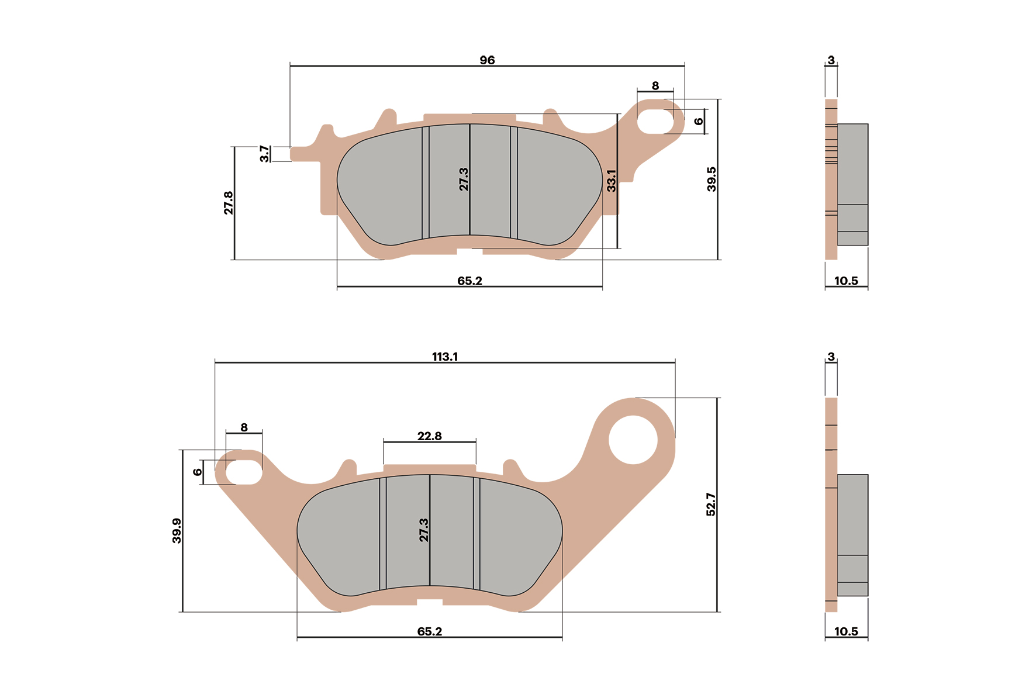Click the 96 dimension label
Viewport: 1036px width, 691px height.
[x=487, y=60]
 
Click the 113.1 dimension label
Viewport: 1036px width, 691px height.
[x=445, y=357]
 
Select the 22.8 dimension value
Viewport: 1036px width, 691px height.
[x=429, y=436]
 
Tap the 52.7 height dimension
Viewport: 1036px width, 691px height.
[x=711, y=504]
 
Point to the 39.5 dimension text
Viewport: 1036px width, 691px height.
[x=712, y=179]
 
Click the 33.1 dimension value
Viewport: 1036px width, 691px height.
[x=611, y=181]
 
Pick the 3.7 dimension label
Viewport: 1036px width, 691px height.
[x=265, y=154]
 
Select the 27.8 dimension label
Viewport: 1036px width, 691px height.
[x=229, y=203]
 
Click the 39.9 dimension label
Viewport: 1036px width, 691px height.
[x=177, y=531]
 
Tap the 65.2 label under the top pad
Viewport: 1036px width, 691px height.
[x=469, y=281]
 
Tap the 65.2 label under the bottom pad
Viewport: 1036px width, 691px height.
[x=429, y=631]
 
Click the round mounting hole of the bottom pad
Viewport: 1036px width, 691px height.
[x=633, y=440]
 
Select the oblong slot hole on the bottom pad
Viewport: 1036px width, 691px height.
[x=244, y=472]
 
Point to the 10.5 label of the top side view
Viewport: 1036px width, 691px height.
[x=846, y=281]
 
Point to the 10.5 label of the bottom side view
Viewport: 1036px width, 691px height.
[x=846, y=631]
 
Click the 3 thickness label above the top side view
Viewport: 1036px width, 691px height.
[x=831, y=60]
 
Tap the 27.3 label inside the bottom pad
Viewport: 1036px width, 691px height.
[x=424, y=530]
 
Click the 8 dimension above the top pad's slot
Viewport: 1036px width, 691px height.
[x=655, y=86]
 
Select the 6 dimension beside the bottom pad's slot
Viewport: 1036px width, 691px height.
[x=198, y=472]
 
